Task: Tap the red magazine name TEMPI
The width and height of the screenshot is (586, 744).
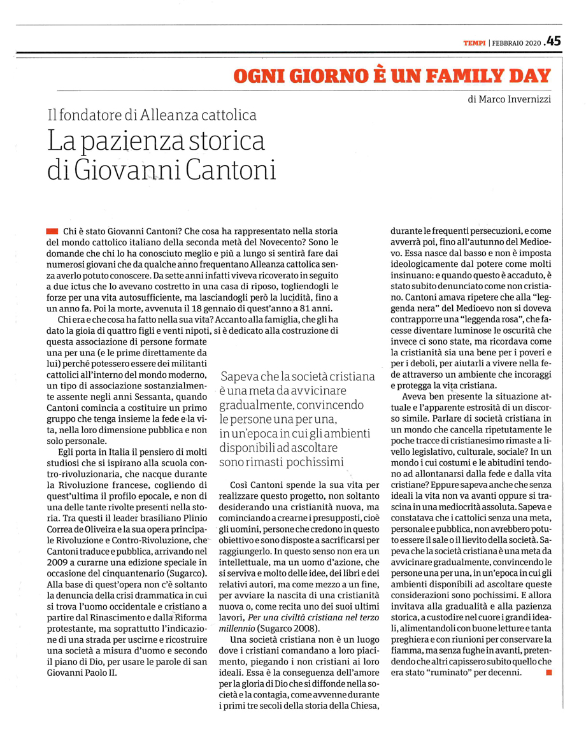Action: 475,43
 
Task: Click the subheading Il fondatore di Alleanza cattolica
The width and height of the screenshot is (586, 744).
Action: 152,115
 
